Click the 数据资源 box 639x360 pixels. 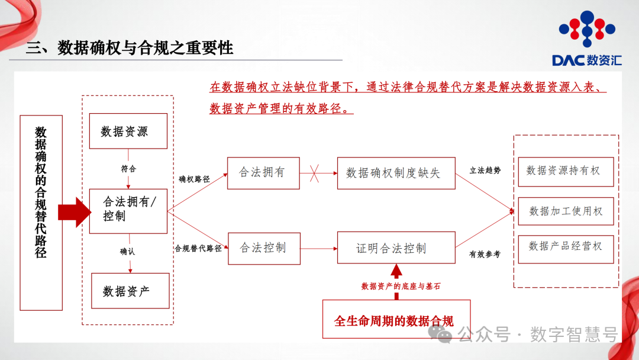pyautogui.click(x=128, y=131)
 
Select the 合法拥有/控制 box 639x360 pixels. pyautogui.click(x=128, y=211)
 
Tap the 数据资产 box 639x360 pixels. pyautogui.click(x=130, y=291)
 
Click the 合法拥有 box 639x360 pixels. pyautogui.click(x=263, y=172)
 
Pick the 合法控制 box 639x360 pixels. pyautogui.click(x=263, y=248)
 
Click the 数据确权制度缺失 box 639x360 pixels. pyautogui.click(x=396, y=173)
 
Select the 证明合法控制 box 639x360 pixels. pyautogui.click(x=396, y=248)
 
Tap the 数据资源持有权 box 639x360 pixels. pyautogui.click(x=565, y=171)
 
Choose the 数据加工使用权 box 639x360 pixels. pyautogui.click(x=565, y=211)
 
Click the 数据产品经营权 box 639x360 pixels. pyautogui.click(x=565, y=246)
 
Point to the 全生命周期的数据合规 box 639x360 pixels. pyautogui.click(x=396, y=320)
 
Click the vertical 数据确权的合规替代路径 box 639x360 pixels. pyautogui.click(x=41, y=213)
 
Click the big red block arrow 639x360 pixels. pyautogui.click(x=74, y=212)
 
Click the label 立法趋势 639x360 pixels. pyautogui.click(x=485, y=171)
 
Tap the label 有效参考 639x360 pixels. pyautogui.click(x=485, y=254)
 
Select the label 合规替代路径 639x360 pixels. pyautogui.click(x=198, y=249)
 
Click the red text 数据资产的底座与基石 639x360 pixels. pyautogui.click(x=401, y=286)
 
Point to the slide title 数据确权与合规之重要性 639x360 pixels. pyautogui.click(x=130, y=48)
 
